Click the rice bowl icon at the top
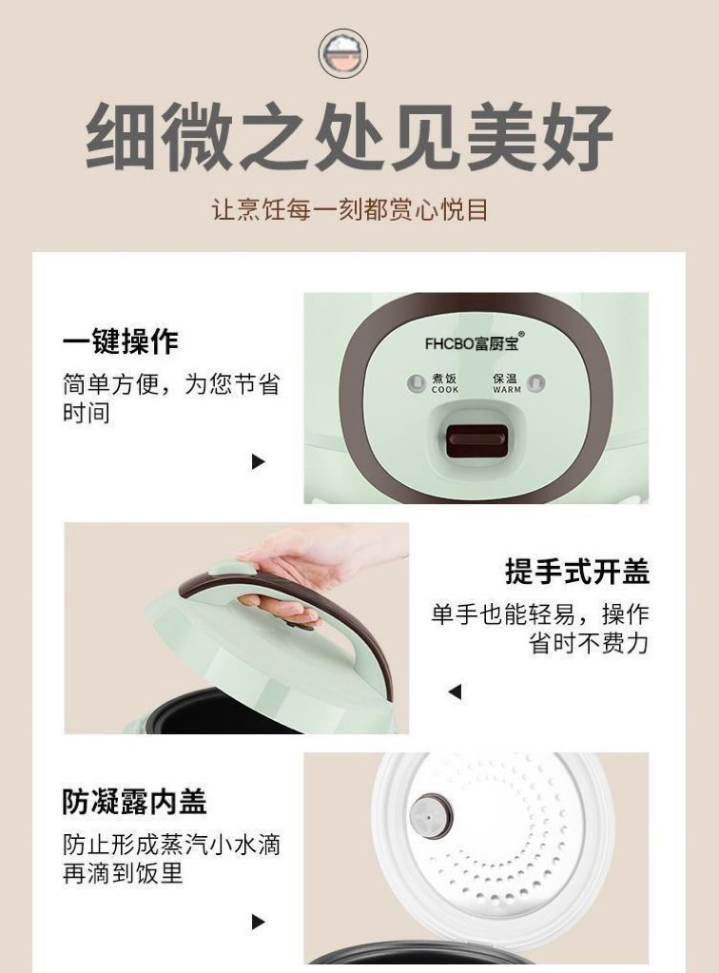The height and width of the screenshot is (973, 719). (x=343, y=52)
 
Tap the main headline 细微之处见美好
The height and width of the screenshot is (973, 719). (x=350, y=137)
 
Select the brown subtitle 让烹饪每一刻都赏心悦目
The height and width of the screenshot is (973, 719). (x=350, y=210)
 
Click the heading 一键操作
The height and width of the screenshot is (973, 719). (x=121, y=341)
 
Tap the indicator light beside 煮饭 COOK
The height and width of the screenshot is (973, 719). (x=416, y=383)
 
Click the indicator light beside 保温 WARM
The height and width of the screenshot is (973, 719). (x=536, y=383)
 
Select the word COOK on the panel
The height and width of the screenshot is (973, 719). (x=445, y=390)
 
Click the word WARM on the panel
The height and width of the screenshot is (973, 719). (x=507, y=390)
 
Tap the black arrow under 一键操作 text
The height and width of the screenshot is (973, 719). (x=258, y=461)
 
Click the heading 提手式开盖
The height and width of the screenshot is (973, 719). (x=577, y=572)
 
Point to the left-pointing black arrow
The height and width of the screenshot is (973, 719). (x=455, y=691)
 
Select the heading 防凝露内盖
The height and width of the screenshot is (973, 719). (x=134, y=801)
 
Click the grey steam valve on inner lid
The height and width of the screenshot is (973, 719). (x=431, y=815)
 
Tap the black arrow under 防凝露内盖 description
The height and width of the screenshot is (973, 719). (x=258, y=922)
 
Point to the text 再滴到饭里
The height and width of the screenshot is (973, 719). (x=123, y=873)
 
